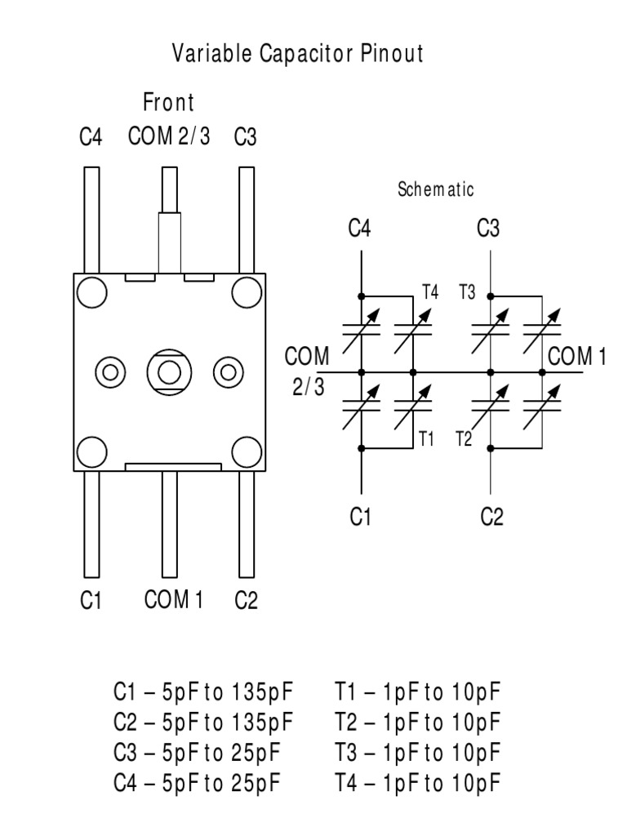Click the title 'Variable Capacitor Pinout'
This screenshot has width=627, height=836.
tap(298, 55)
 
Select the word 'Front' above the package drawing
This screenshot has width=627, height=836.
tap(168, 104)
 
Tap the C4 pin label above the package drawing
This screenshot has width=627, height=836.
tap(91, 136)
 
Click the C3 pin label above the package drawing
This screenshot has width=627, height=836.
tap(245, 136)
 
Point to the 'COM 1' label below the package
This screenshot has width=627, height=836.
tap(173, 600)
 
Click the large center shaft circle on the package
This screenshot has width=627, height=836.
tap(169, 372)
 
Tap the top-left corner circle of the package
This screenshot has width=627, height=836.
tap(91, 291)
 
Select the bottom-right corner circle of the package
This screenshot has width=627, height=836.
tap(246, 451)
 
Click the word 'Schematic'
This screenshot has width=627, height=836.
tap(435, 189)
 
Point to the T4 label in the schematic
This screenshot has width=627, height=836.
tap(430, 291)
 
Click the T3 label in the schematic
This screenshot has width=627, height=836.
tap(467, 291)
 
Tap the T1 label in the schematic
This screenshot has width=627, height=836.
tap(426, 438)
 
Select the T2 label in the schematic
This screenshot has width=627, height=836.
tap(463, 438)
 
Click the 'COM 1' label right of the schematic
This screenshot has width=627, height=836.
tap(578, 357)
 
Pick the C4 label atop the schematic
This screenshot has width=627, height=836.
tap(359, 229)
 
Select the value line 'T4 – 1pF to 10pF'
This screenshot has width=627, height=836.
tap(417, 784)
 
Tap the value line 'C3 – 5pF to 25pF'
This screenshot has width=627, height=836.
tap(198, 754)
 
